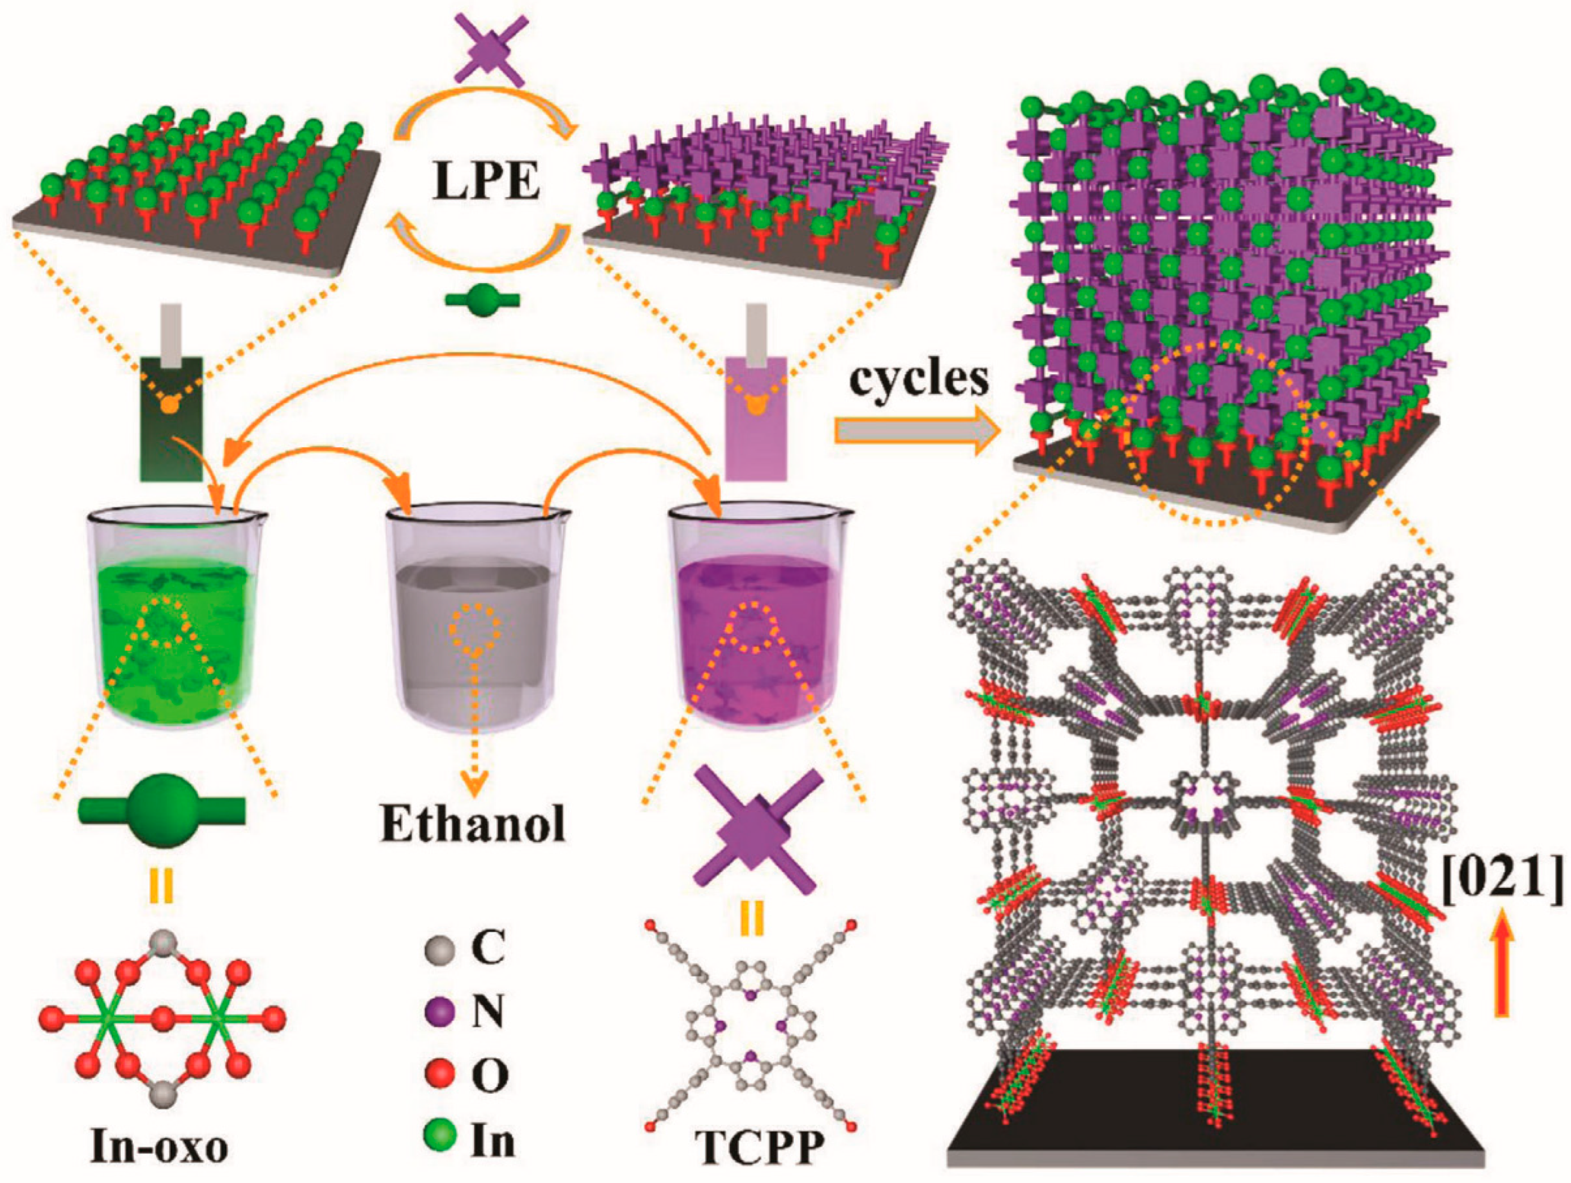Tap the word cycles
click(920, 381)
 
